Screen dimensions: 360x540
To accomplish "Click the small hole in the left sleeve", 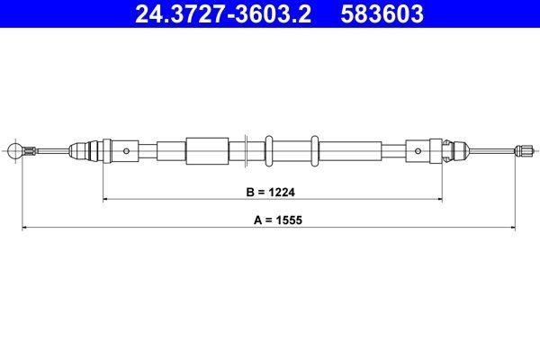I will (x=128, y=150).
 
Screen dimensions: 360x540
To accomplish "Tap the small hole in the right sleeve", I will (x=416, y=150).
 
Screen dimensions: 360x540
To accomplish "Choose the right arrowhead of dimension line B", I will (x=438, y=200).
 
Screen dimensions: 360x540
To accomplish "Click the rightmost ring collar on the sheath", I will (x=313, y=150).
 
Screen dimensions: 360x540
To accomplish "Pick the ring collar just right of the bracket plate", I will (x=267, y=150).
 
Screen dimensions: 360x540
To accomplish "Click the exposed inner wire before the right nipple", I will (x=490, y=150).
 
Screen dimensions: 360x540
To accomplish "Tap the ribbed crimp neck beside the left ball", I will (x=31, y=150).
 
